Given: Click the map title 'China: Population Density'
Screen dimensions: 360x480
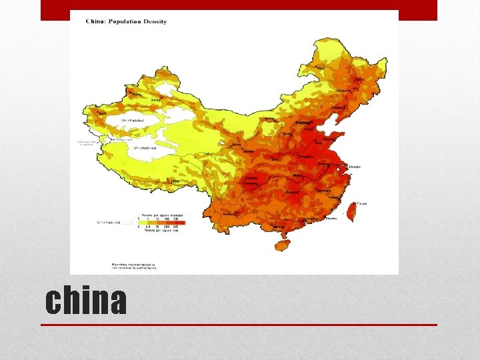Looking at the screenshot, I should (x=126, y=21).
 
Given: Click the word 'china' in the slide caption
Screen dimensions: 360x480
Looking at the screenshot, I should (x=86, y=301).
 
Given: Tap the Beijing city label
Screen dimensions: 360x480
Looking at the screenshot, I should (x=303, y=123).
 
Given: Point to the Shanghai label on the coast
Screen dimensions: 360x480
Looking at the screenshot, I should (x=355, y=167).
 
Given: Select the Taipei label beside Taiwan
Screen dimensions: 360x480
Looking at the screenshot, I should (x=362, y=203).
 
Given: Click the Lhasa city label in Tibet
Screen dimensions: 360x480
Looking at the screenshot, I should (x=175, y=181).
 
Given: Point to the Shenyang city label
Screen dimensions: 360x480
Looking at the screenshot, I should (x=339, y=107).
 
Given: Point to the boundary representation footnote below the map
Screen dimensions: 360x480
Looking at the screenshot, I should (x=133, y=266).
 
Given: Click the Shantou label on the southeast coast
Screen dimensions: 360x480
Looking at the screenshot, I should (x=330, y=217).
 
